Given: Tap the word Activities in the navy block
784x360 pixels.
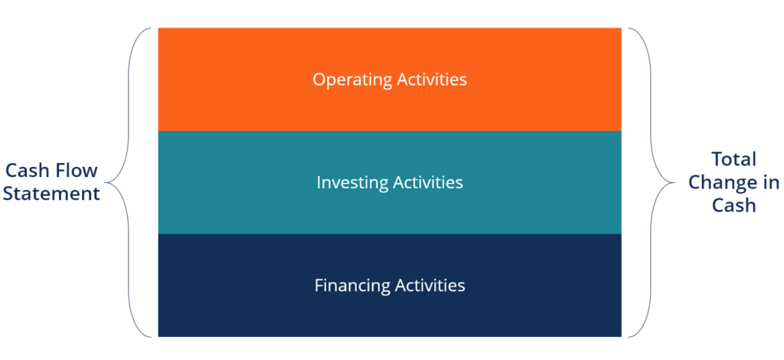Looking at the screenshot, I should click(x=430, y=286).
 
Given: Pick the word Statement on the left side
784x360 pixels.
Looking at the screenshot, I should click(x=51, y=193).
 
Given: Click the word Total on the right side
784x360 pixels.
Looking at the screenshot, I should click(x=733, y=159).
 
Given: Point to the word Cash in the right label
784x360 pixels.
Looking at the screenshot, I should click(x=733, y=205).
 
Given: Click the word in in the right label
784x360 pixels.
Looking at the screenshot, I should click(x=771, y=183).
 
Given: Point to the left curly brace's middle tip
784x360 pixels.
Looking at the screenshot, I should click(x=106, y=182).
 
